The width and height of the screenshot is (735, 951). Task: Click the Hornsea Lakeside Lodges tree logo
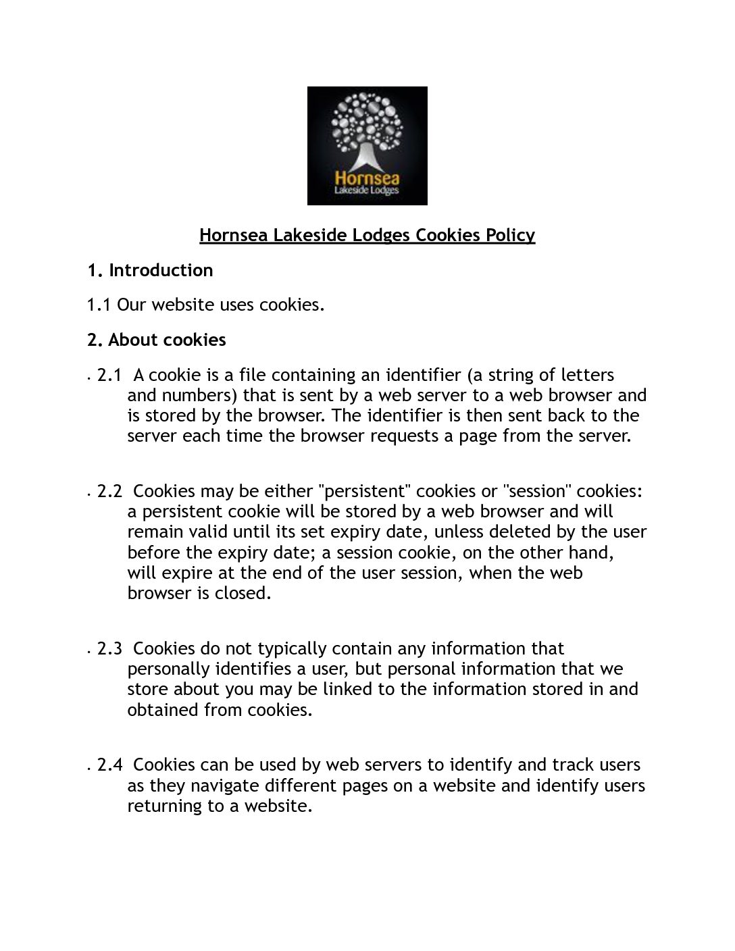367,145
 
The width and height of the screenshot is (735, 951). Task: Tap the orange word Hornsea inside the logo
367,178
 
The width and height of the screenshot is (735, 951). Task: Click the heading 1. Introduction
150,270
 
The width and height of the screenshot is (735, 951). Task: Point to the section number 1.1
99,305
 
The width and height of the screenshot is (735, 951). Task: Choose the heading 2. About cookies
157,340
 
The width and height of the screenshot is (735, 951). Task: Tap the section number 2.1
109,375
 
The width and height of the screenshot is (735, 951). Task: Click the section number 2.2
109,491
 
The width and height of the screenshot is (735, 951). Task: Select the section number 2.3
109,648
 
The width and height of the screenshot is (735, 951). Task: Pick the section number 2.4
109,765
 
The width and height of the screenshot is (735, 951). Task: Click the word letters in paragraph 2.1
587,375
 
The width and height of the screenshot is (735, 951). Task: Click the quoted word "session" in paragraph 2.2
537,491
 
